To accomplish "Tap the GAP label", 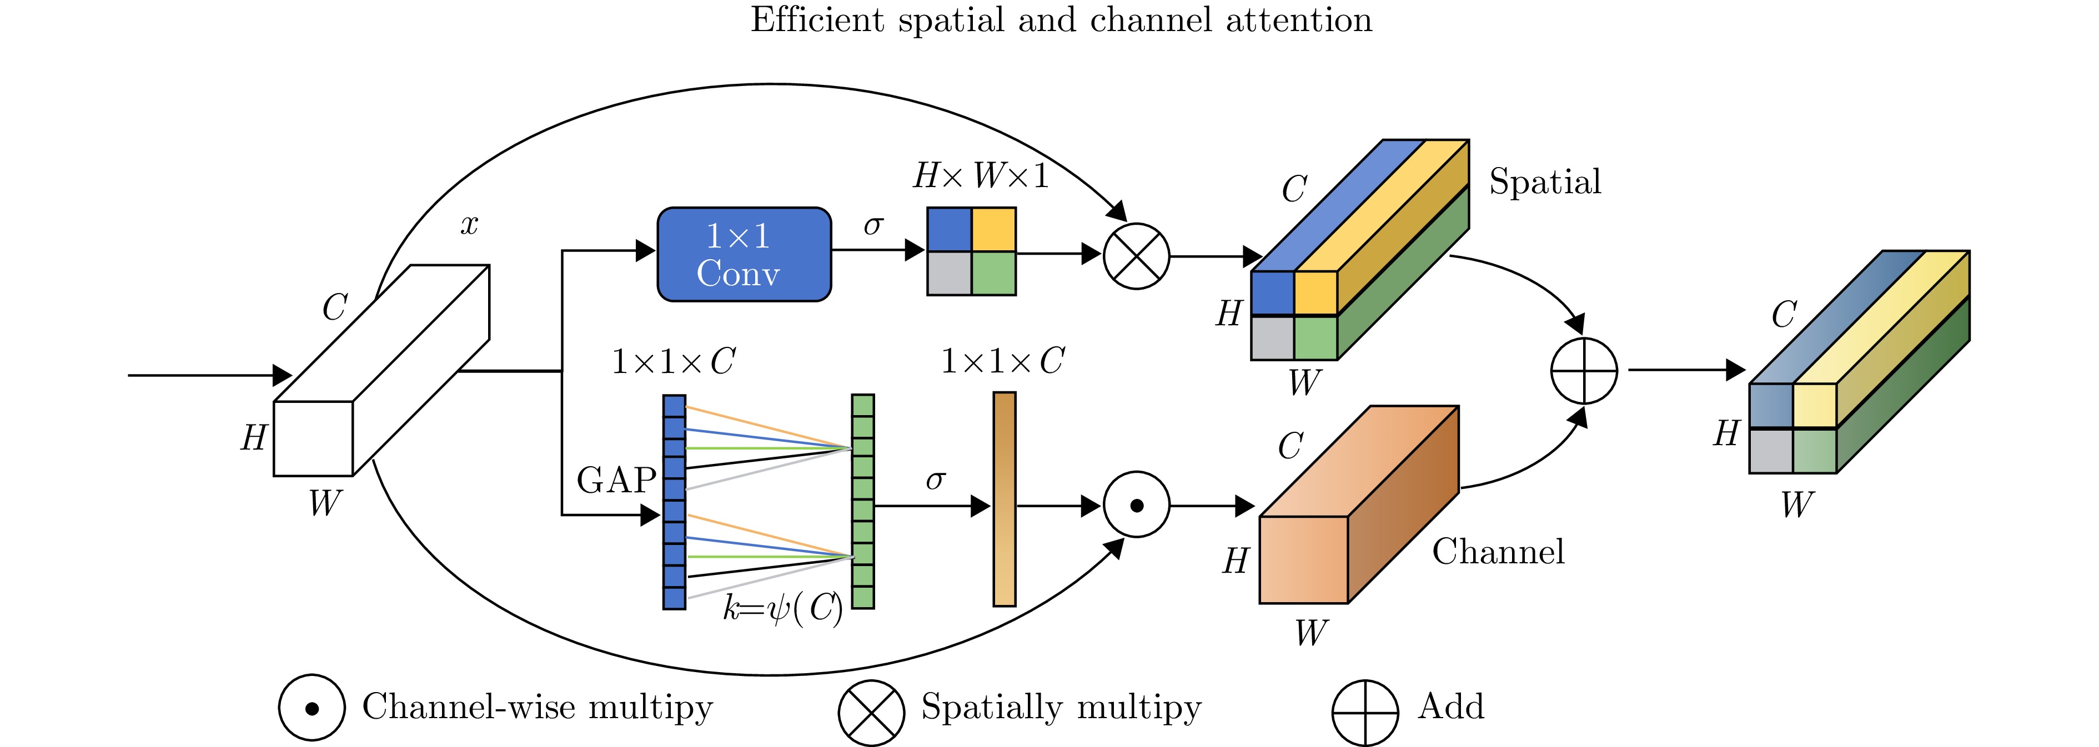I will pos(616,480).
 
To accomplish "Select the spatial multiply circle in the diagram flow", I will pos(1136,256).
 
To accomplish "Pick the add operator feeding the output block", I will pos(1583,371).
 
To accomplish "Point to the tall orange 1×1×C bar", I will pos(1004,498).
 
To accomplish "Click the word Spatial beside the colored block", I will pos(1544,181).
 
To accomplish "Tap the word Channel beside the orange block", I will pos(1498,552).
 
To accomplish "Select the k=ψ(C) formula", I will pos(782,608).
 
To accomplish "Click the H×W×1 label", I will pos(980,176).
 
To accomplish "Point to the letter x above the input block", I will pos(469,224).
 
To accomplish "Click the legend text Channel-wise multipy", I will pos(537,706).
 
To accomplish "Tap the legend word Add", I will pos(1450,706).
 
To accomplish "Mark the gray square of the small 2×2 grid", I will pos(950,273).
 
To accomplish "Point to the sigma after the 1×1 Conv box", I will pos(873,224).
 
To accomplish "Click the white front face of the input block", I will pos(313,438).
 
